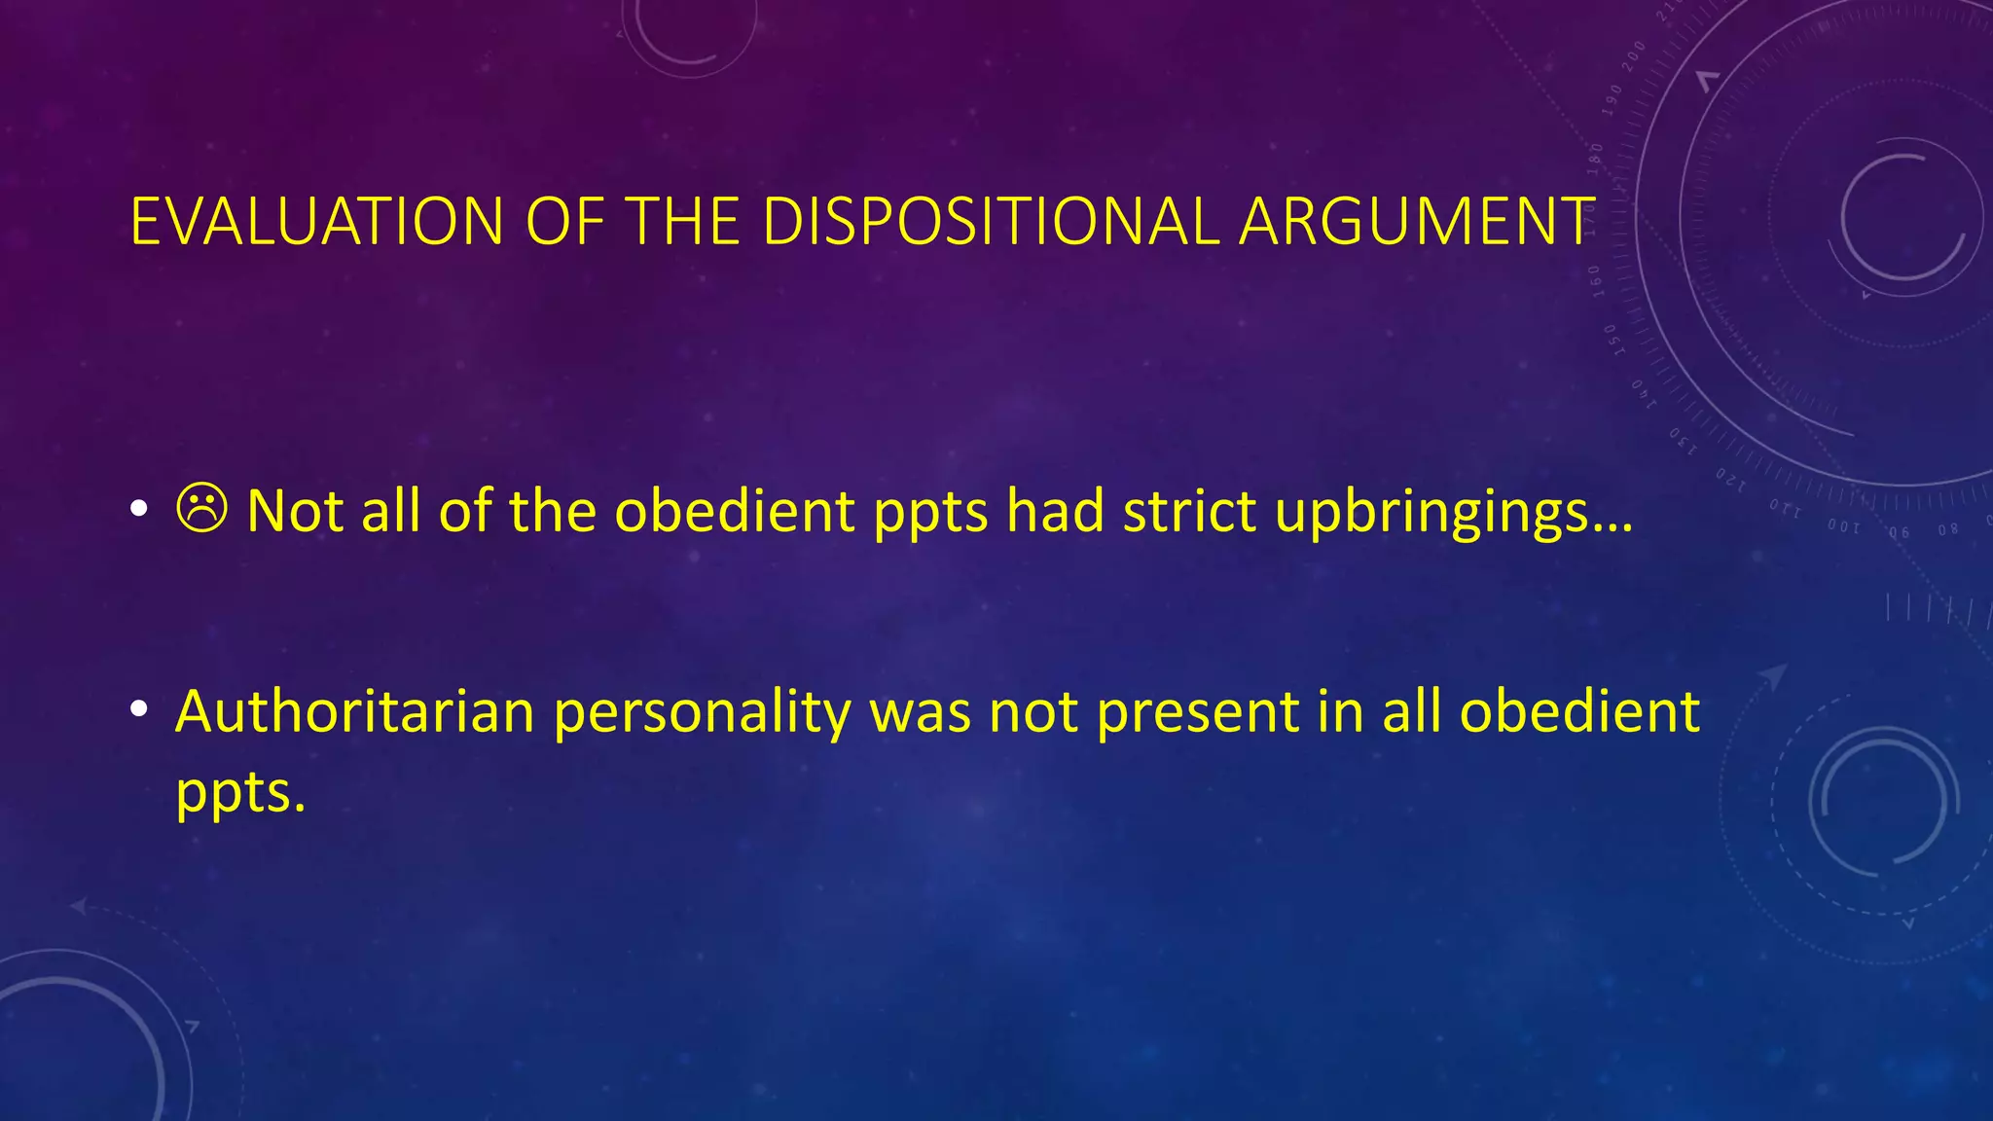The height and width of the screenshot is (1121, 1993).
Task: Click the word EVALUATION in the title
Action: [x=316, y=222]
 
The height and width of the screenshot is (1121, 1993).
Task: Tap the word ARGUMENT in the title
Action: [x=1417, y=222]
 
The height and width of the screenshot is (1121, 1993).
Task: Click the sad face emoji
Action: [x=202, y=509]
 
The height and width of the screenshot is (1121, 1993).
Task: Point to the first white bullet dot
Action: [x=139, y=510]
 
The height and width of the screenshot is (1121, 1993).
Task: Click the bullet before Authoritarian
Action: [x=139, y=710]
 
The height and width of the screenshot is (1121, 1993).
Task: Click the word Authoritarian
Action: [x=355, y=710]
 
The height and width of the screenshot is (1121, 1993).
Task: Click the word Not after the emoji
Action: [x=295, y=510]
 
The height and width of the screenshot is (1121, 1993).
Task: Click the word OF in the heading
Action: [x=563, y=222]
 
